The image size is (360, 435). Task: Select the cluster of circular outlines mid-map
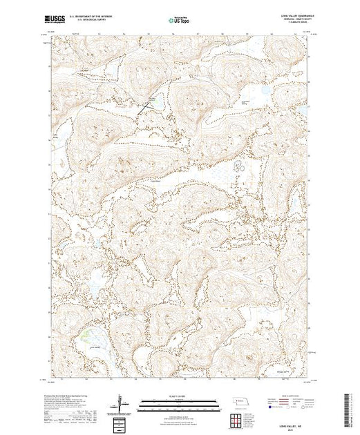coord(240,166)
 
